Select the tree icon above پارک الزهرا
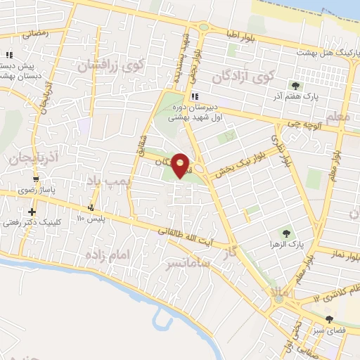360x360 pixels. (285, 233)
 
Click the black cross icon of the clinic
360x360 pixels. (31, 212)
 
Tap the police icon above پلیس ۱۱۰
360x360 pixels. (91, 207)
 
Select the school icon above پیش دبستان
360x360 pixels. (9, 55)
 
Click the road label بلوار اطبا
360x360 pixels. (243, 34)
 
